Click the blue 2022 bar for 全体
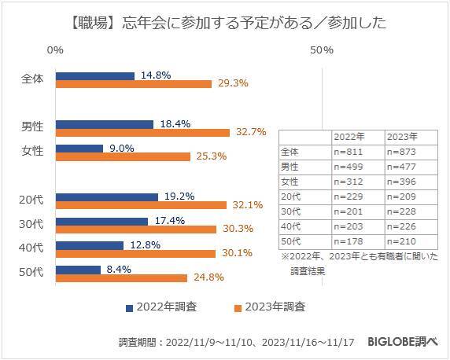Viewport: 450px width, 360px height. pos(94,76)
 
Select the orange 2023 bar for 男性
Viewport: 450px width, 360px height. pos(142,132)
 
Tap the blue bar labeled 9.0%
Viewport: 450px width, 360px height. pos(79,148)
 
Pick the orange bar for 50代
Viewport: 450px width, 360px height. pos(121,277)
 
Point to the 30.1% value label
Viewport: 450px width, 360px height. pos(235,253)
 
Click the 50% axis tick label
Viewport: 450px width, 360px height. pos(322,50)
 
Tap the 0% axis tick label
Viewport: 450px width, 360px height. pos(55,50)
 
